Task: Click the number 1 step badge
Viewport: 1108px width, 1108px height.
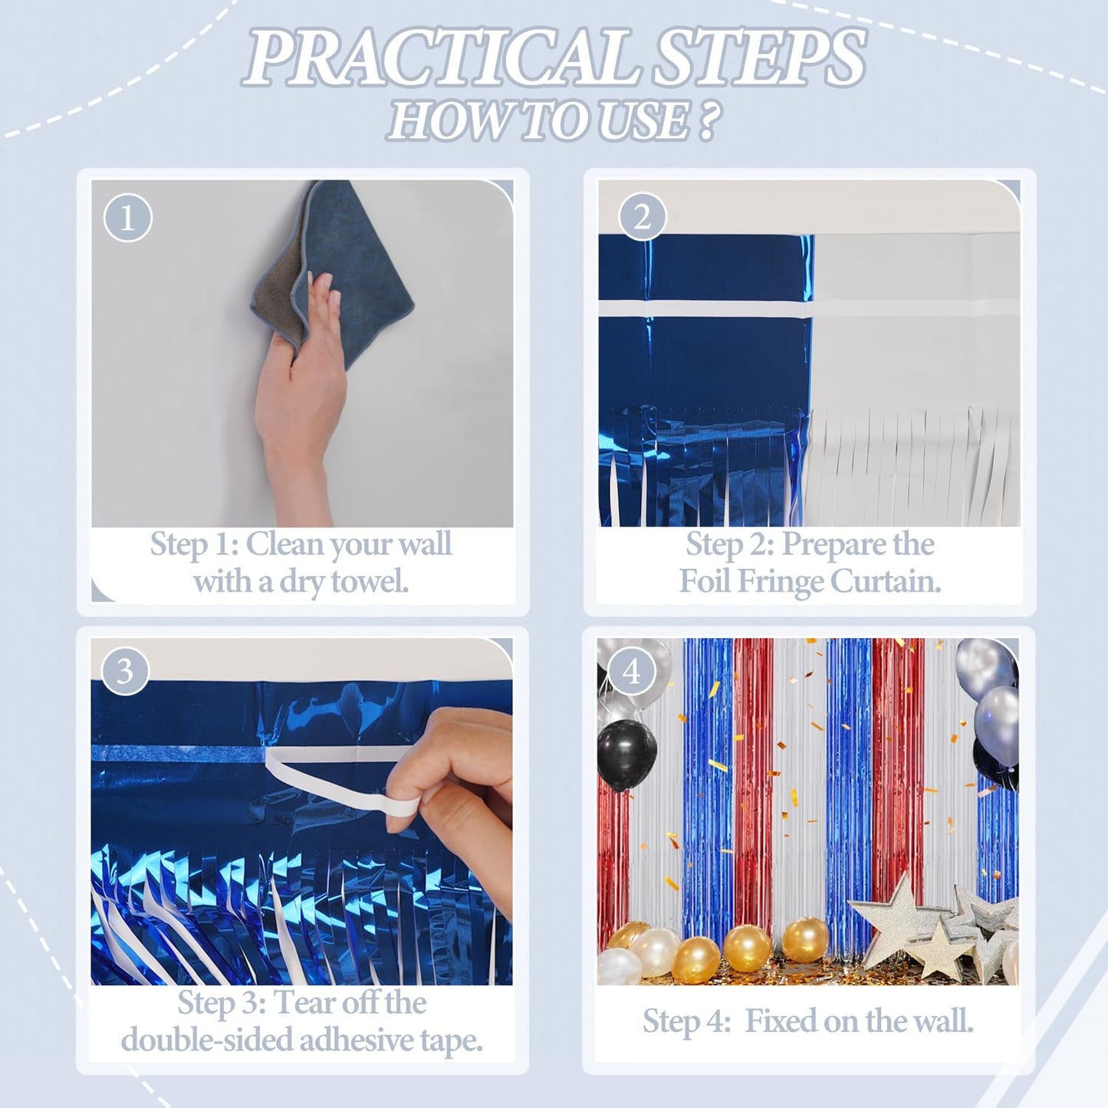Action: click(x=127, y=218)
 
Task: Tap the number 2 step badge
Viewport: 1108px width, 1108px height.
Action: click(x=643, y=218)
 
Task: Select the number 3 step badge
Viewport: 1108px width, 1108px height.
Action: click(x=124, y=672)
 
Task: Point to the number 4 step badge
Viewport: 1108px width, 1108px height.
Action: click(x=631, y=672)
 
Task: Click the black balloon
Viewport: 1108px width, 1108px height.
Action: click(x=626, y=755)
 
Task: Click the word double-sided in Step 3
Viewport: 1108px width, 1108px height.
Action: click(x=207, y=1041)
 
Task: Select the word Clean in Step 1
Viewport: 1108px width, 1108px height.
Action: click(x=284, y=544)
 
